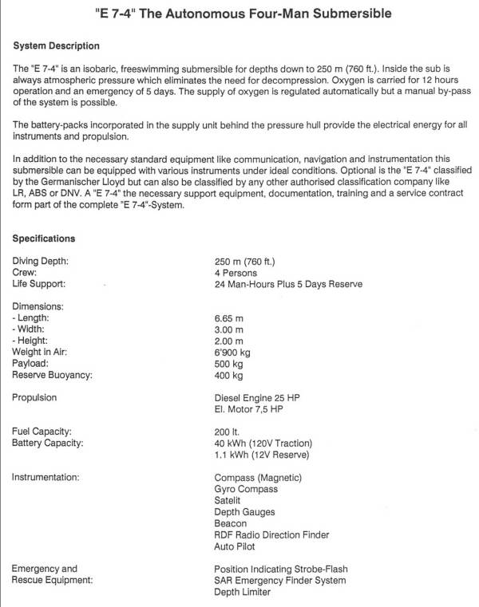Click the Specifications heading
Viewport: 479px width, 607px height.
click(x=44, y=238)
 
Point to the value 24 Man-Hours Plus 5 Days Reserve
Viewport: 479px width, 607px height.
click(x=288, y=284)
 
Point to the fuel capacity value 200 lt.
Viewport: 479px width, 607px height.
click(x=228, y=432)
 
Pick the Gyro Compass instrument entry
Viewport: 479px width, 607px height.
click(x=246, y=489)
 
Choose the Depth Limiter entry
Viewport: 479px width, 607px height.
click(x=242, y=592)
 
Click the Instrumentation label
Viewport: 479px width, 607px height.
click(x=46, y=477)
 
